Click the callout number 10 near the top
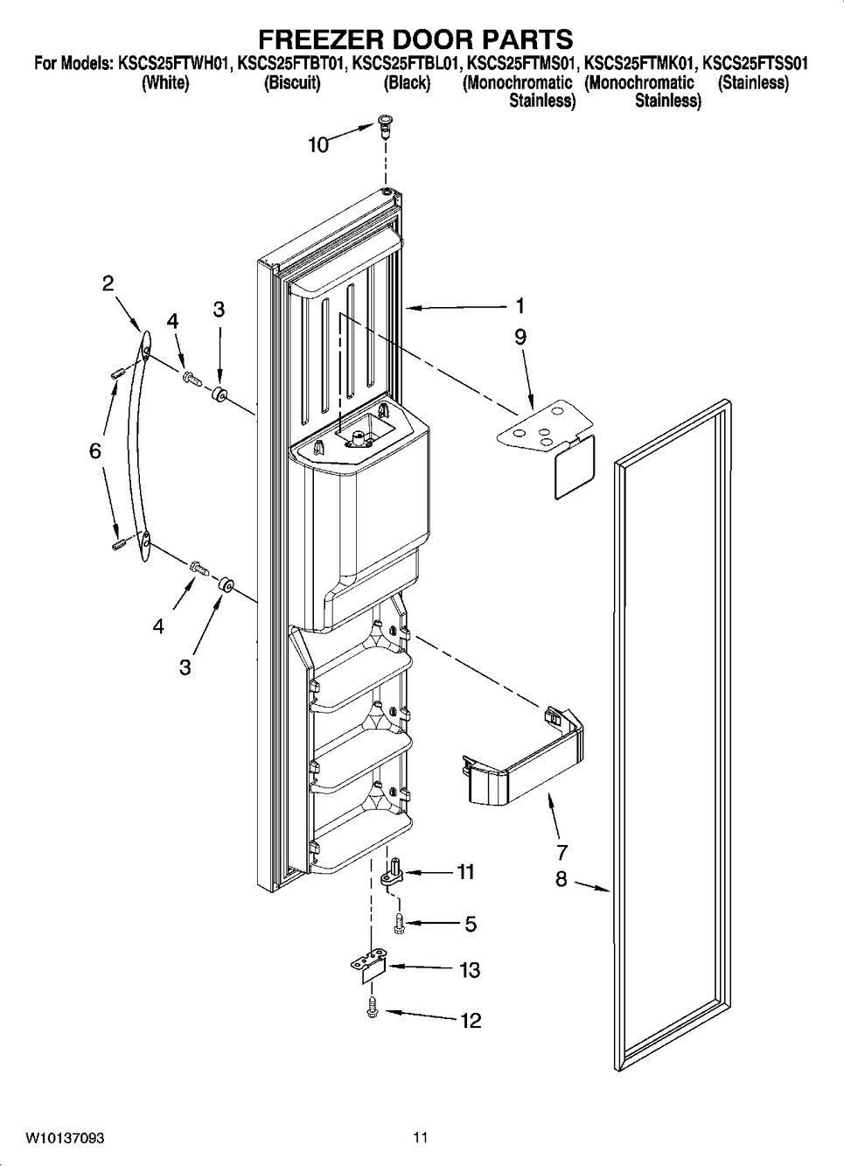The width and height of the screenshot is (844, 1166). click(x=318, y=145)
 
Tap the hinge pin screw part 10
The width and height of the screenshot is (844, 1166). click(x=385, y=127)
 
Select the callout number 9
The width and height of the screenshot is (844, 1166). click(x=520, y=337)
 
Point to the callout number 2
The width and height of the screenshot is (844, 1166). click(x=108, y=283)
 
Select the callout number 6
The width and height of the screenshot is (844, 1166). click(x=94, y=450)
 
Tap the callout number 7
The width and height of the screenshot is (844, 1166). click(x=562, y=852)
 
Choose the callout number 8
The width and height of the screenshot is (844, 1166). click(x=561, y=880)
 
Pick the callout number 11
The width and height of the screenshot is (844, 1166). click(x=464, y=871)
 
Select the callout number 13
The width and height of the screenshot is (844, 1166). click(x=470, y=970)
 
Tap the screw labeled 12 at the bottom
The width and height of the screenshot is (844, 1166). click(x=373, y=1009)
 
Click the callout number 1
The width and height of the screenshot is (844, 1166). click(x=520, y=306)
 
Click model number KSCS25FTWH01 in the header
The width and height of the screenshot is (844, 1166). click(x=174, y=65)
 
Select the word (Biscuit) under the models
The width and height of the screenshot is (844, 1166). click(x=292, y=83)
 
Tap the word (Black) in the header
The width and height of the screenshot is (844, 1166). click(x=407, y=83)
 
